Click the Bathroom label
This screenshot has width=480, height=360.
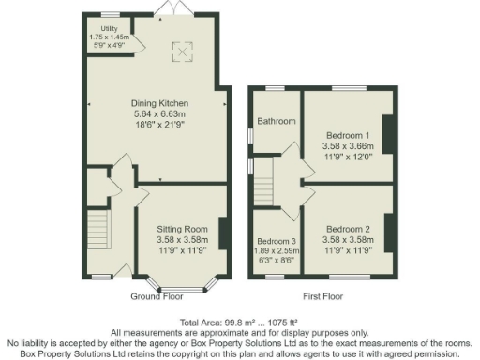click(277, 121)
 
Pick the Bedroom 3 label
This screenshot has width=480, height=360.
click(276, 241)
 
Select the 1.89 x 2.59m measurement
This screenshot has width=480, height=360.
click(276, 251)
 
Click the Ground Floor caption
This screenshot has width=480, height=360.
click(157, 296)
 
